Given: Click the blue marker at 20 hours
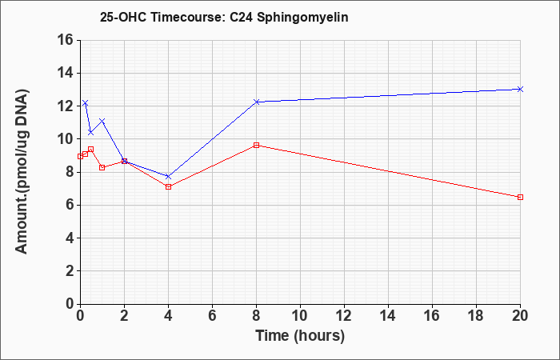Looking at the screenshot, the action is pos(520,89).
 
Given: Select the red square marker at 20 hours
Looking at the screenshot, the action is pos(520,197).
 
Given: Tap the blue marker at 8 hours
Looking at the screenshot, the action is pos(256,102).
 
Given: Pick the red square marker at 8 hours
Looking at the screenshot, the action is pos(256,145).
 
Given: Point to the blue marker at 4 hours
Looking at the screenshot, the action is pos(168,177).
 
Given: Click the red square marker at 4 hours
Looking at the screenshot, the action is pos(168,186).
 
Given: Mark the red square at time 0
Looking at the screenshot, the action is pos(80,156).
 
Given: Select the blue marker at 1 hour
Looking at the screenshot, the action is pos(102,121).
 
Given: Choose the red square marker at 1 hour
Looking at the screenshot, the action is pos(102,167).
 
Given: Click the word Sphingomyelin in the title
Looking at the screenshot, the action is pos(302,18).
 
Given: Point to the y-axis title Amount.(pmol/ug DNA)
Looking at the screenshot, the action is pos(22,171).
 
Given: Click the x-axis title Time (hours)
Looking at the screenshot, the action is pos(300,336).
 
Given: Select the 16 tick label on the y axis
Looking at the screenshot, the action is pos(66,40).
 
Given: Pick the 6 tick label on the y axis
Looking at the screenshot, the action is pos(70,205).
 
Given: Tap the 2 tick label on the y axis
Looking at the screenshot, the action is pos(70,271).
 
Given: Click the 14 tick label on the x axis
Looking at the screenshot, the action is pos(388,316).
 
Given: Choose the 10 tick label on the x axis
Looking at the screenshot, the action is pos(300,316).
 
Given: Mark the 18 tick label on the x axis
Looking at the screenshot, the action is pos(476,316).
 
